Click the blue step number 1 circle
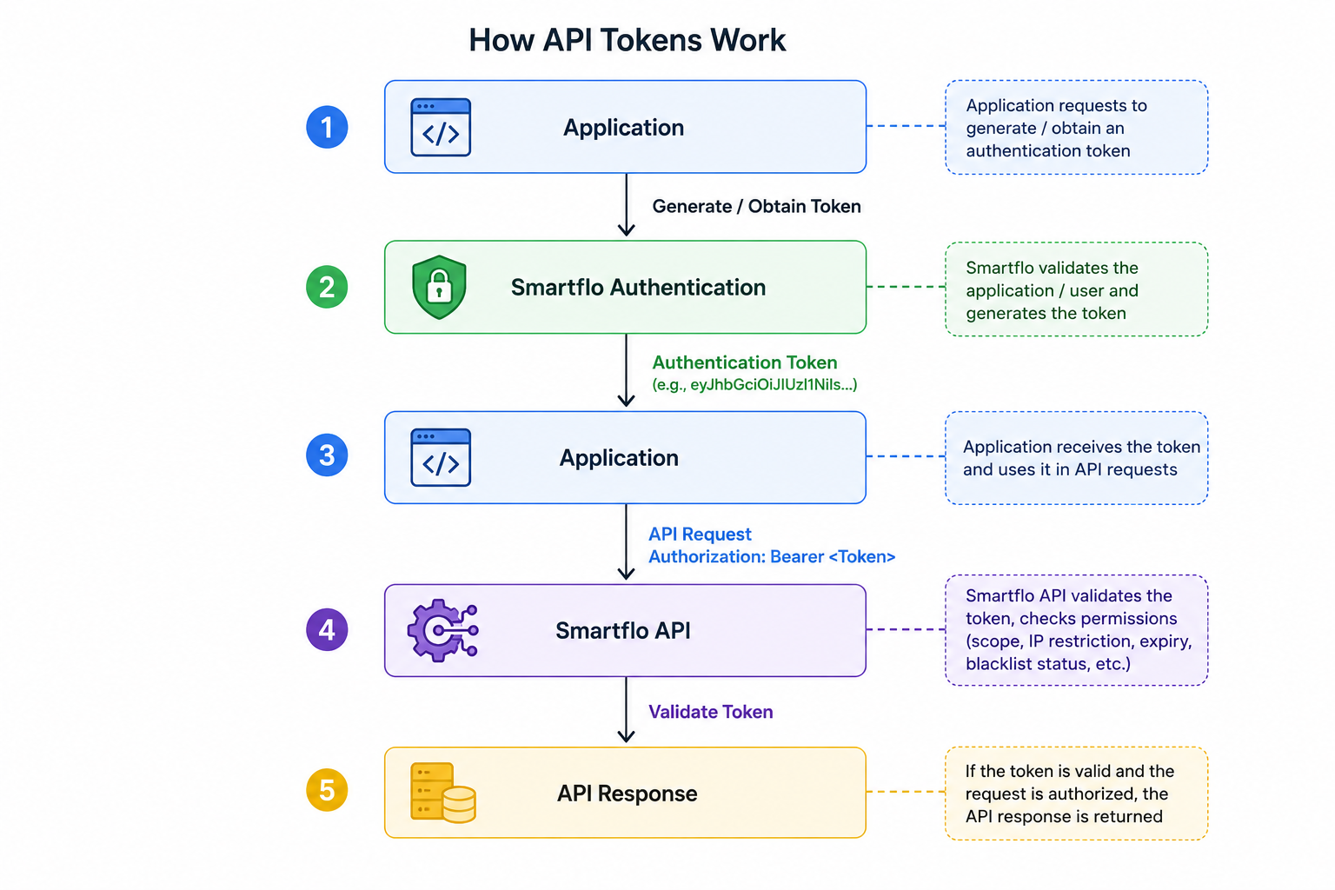point(327,127)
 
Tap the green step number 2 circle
point(327,287)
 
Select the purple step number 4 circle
point(327,629)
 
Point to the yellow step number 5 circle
point(327,790)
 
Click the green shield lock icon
point(439,287)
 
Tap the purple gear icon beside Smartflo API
point(442,630)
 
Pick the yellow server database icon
point(442,793)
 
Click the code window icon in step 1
point(441,128)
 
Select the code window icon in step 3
point(441,457)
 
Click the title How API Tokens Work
point(627,41)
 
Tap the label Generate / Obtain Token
point(756,206)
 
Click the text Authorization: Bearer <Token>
point(772,556)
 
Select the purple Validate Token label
point(710,712)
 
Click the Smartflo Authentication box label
point(638,288)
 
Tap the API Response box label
point(627,794)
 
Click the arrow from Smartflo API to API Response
point(626,709)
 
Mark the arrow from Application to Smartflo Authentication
point(626,204)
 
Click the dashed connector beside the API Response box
point(906,792)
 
